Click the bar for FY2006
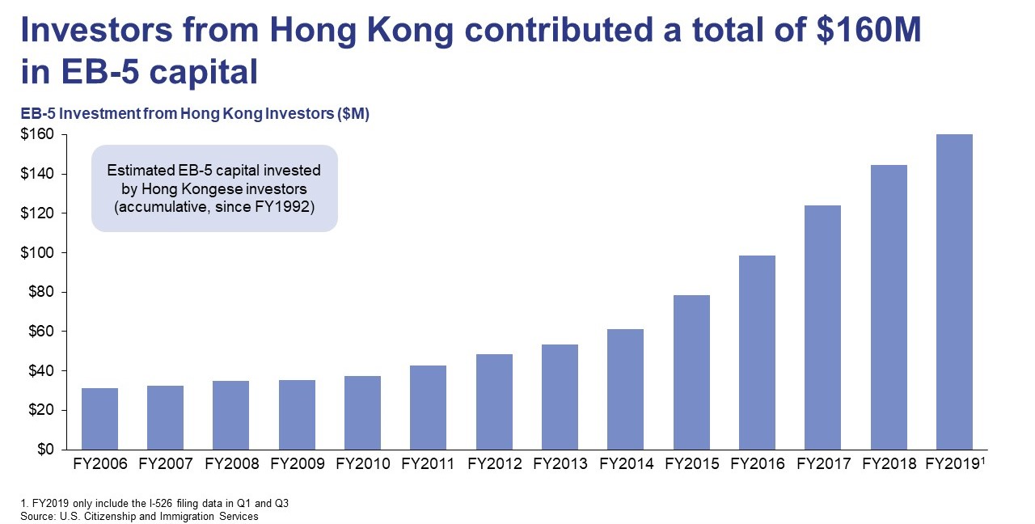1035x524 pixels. click(100, 419)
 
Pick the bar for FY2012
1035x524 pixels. click(494, 402)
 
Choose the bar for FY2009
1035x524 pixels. click(297, 415)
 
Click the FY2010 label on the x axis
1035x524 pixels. click(363, 464)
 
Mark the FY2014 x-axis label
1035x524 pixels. click(626, 464)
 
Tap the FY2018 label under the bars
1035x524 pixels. click(889, 464)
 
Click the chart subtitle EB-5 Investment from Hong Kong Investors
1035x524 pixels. click(194, 114)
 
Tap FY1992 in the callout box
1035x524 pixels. click(288, 208)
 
